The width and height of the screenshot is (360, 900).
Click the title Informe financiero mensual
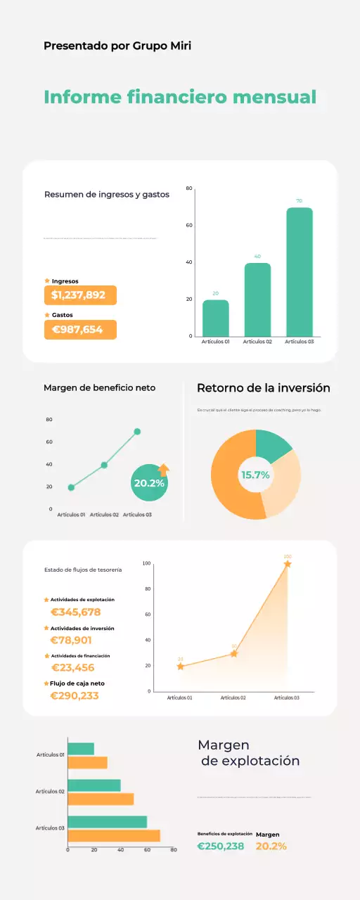[x=180, y=97]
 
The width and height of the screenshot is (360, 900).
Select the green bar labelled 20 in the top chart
[x=216, y=318]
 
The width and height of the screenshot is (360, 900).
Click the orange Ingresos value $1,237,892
[x=79, y=295]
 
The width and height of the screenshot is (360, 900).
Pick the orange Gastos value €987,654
[x=79, y=330]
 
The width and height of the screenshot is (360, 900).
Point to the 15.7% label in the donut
[x=255, y=475]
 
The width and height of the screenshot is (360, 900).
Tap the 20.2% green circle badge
[x=148, y=484]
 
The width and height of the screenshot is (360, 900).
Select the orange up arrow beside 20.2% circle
[x=164, y=470]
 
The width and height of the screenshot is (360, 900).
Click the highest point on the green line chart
[x=137, y=432]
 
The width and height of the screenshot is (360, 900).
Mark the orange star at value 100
[x=288, y=564]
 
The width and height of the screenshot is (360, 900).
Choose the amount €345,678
[x=75, y=612]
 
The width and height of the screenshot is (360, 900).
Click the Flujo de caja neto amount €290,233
[x=75, y=695]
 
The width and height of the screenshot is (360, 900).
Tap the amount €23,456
[x=72, y=667]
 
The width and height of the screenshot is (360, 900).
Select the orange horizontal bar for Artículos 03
[x=114, y=836]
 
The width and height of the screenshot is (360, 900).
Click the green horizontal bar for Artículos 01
[x=81, y=749]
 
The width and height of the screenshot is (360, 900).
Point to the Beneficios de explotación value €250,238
[x=221, y=846]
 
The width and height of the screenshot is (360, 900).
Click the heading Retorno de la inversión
[x=263, y=388]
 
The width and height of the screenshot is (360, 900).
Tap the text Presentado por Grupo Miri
[x=117, y=46]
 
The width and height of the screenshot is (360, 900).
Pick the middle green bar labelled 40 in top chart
[x=257, y=300]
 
